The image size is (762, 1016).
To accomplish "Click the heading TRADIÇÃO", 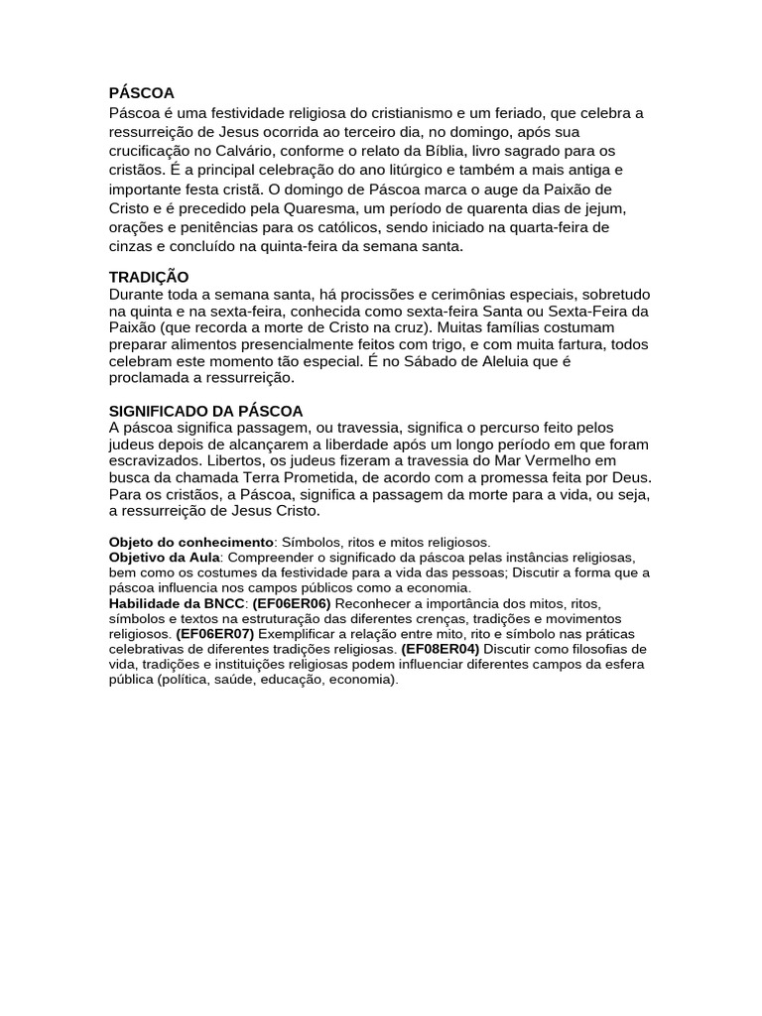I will [148, 277].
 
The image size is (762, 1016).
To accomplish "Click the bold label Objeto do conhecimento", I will [190, 543].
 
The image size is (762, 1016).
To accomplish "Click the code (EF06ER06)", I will [292, 603].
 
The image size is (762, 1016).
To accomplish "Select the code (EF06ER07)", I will [215, 633].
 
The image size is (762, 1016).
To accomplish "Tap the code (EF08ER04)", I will [440, 649].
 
